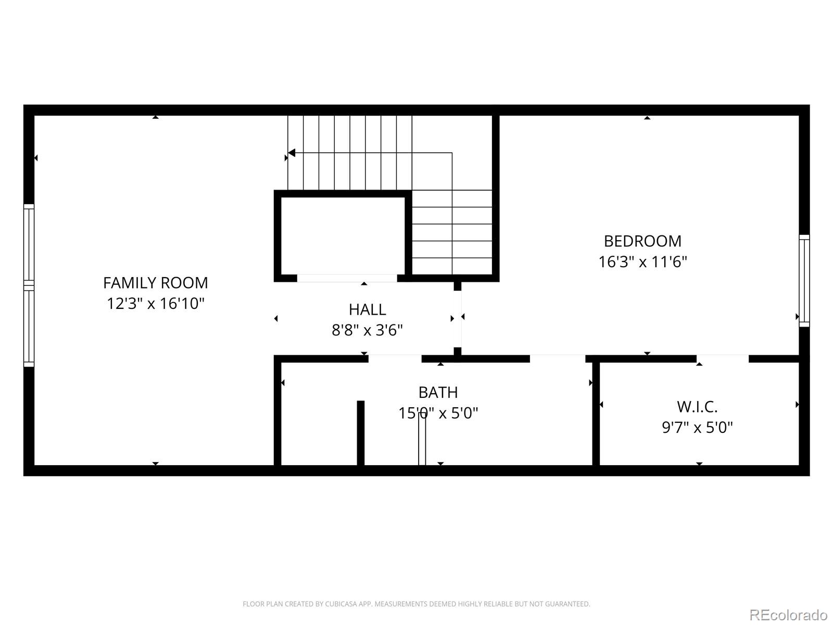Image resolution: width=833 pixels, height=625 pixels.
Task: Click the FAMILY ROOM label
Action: pos(155,283)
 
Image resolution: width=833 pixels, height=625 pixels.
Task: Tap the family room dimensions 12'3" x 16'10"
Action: pos(155,303)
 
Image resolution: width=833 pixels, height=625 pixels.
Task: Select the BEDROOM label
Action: pos(642,241)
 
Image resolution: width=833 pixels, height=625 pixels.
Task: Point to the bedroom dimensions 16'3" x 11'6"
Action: pos(642,261)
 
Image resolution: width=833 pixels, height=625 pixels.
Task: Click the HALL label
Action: pos(367,309)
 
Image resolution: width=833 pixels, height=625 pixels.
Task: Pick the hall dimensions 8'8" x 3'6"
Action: pos(367,330)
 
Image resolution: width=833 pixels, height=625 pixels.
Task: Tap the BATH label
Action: pos(438,392)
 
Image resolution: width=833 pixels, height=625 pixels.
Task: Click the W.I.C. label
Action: pos(697,407)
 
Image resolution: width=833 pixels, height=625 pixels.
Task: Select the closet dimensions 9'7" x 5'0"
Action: pos(697,428)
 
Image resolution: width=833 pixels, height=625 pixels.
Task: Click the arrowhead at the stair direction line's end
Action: pos(292,153)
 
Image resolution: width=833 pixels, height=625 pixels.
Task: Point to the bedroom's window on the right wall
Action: pos(804,281)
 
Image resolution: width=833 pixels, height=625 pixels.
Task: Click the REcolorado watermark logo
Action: pos(788,615)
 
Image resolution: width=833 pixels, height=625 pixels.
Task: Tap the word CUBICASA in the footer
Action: pos(341,604)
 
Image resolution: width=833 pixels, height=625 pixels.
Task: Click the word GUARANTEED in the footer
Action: pos(569,604)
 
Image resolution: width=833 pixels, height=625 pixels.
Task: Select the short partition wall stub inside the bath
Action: pos(360,432)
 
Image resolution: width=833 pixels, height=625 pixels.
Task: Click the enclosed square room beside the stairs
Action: pos(343,235)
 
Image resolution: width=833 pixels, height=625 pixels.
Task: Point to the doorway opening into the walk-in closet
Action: pos(722,358)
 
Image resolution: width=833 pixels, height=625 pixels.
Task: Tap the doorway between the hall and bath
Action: pos(395,358)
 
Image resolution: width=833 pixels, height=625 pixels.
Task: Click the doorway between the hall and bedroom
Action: pos(458,318)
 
